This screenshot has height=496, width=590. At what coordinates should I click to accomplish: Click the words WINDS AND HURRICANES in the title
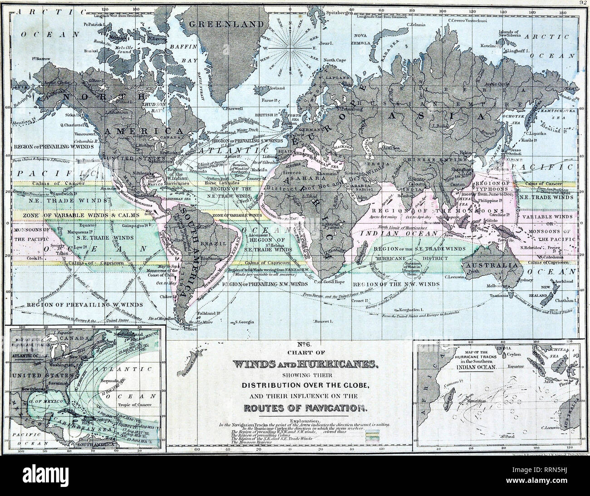tap(290, 364)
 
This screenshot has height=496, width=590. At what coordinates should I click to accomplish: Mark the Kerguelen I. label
tap(409, 310)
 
